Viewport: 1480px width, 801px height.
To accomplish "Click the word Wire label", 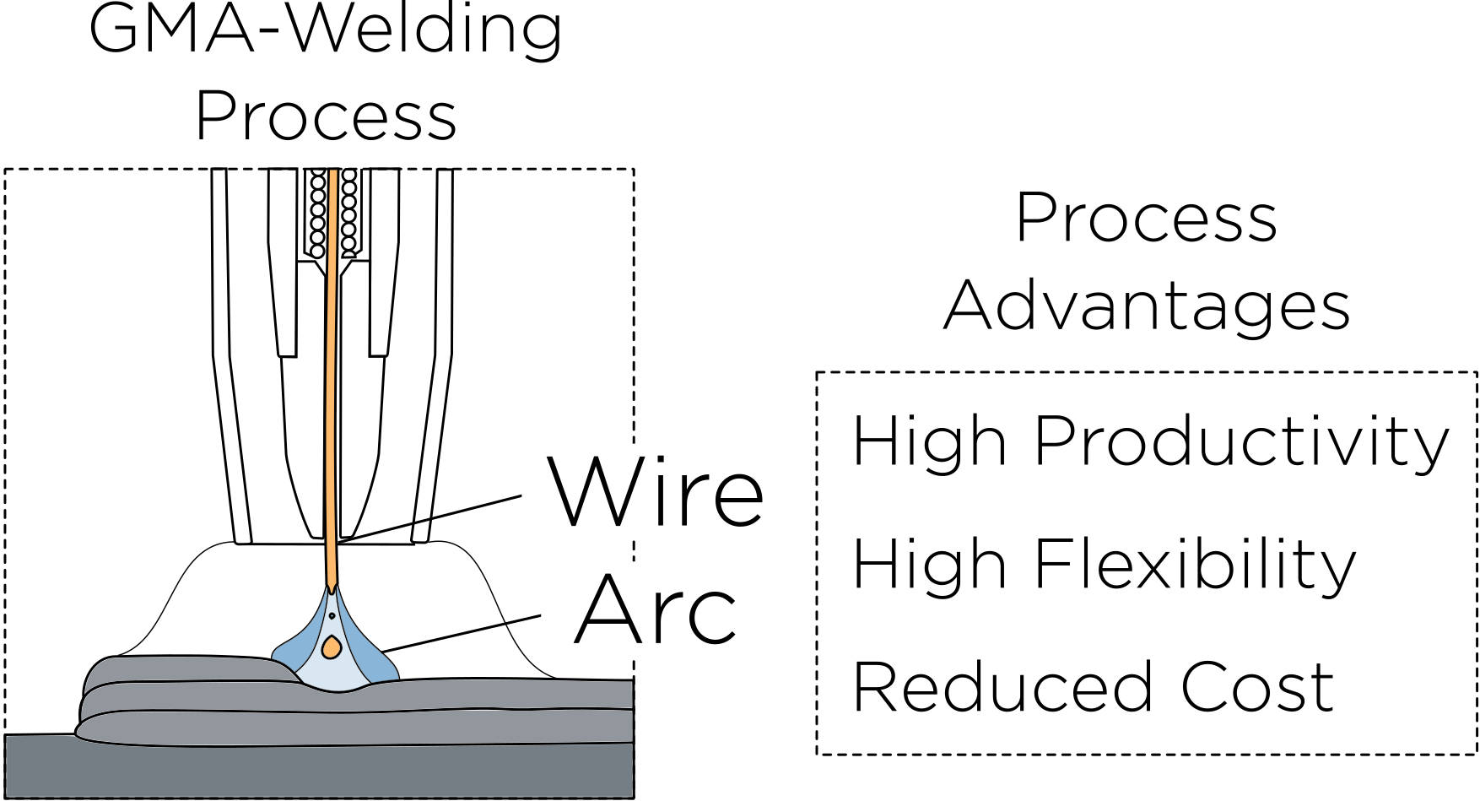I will [x=656, y=493].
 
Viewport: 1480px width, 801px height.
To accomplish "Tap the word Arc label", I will [x=656, y=610].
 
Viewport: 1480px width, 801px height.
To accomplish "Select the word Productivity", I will [x=1241, y=442].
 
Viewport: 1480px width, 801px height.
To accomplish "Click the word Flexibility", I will [x=1195, y=566].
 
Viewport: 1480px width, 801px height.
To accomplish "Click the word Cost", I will [x=1256, y=687].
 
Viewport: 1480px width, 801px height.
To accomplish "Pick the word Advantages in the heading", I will [x=1147, y=306].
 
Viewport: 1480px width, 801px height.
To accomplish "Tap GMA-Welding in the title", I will [x=326, y=30].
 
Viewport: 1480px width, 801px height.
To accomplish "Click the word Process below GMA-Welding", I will [x=326, y=116].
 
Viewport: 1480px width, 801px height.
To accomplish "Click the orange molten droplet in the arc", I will [x=332, y=647].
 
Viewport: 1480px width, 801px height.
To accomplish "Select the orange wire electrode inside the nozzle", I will [x=332, y=380].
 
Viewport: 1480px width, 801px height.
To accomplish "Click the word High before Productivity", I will [x=929, y=441].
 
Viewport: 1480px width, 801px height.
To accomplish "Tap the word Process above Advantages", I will [x=1147, y=219].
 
